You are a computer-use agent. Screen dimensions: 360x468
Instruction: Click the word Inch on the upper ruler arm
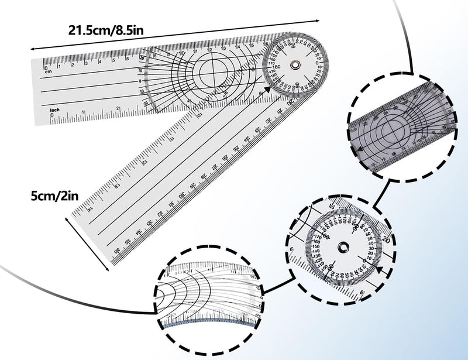click(55, 109)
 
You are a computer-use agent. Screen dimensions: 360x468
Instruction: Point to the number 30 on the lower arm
click(183, 195)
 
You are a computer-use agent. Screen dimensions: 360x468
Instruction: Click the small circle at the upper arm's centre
click(214, 73)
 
